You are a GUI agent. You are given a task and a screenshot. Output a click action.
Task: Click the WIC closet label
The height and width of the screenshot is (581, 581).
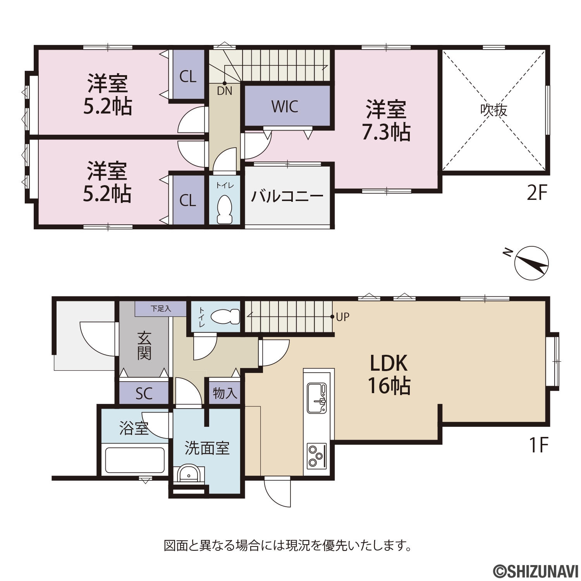point(285,107)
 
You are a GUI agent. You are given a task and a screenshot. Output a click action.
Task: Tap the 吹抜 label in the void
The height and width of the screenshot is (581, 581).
point(494,110)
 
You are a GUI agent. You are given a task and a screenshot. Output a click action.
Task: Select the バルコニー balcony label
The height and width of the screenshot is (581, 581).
point(287,196)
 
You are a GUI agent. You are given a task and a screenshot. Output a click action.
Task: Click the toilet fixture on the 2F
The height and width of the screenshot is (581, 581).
point(225,209)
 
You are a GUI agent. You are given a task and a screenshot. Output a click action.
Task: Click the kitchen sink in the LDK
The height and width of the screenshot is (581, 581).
point(317,398)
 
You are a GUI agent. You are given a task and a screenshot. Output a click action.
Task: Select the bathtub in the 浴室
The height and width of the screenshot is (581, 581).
point(135,460)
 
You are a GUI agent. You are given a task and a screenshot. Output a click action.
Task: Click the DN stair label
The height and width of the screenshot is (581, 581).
point(225,91)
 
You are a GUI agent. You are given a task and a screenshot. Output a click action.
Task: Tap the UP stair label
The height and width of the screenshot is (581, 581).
point(342,317)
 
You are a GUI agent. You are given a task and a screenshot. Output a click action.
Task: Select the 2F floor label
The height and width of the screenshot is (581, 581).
point(537,193)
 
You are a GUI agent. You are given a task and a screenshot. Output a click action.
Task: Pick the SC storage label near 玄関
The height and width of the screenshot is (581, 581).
point(144,394)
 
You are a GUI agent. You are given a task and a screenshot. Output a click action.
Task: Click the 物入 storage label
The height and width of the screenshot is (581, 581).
point(225,394)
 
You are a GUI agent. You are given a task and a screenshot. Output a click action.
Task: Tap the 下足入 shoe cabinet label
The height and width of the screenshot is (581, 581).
point(161,309)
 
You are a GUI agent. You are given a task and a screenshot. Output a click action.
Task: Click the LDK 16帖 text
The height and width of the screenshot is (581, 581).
point(388,375)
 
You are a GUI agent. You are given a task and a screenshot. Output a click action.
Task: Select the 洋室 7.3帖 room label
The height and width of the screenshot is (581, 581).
point(386,120)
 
